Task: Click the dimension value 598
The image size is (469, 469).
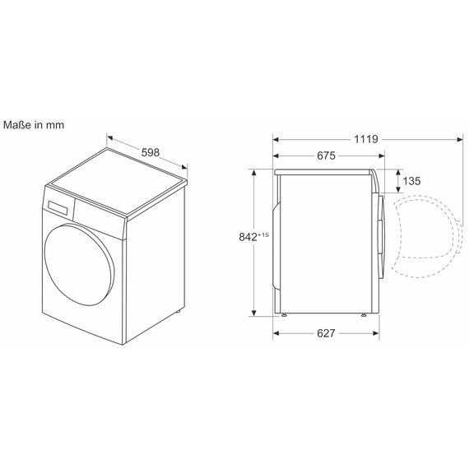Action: click(x=150, y=152)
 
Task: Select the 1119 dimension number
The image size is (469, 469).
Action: click(x=366, y=139)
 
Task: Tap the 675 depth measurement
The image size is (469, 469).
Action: click(x=326, y=156)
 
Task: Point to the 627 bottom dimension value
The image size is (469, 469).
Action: click(x=326, y=333)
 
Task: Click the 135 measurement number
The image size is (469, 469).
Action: click(x=411, y=181)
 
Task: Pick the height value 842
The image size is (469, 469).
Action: click(x=248, y=237)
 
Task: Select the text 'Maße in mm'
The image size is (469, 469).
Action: click(x=34, y=125)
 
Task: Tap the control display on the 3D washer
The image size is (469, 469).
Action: click(x=57, y=207)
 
